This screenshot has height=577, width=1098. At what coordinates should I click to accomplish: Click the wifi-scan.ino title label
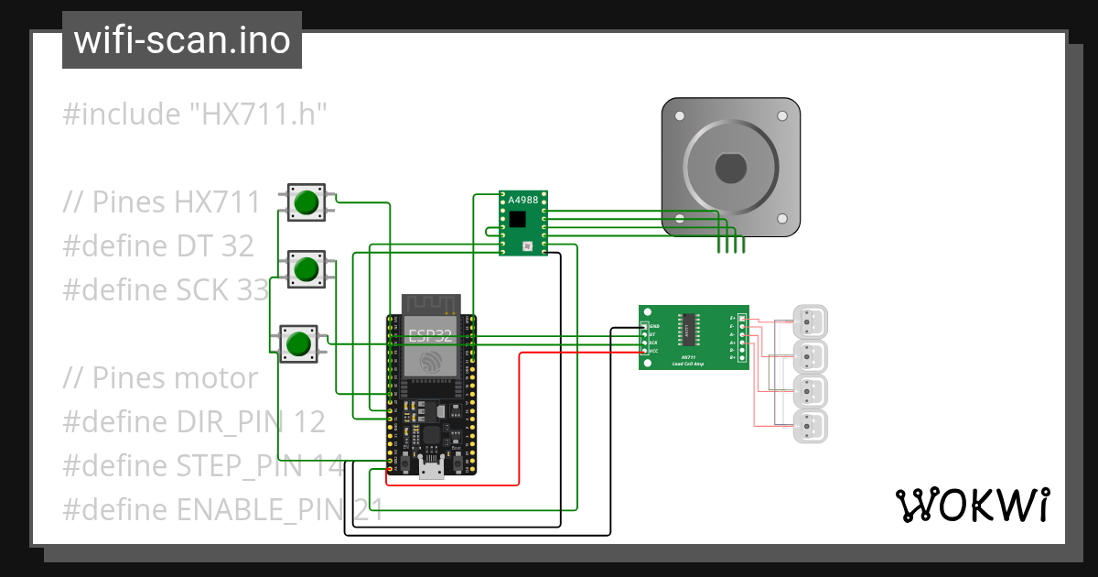coord(181,40)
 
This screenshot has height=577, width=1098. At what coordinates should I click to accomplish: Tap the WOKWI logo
coord(972,505)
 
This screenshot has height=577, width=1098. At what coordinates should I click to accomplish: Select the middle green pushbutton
coord(307,269)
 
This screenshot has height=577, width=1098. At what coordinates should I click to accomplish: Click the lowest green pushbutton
coord(297,343)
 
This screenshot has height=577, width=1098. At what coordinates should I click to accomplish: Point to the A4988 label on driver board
coord(523,201)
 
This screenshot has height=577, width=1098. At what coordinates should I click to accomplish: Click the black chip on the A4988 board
coord(519,219)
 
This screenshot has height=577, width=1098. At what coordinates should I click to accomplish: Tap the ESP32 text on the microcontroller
coord(431,333)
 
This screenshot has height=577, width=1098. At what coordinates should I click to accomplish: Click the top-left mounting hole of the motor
coord(678,116)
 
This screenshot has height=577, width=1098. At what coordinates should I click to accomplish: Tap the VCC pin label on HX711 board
coord(654,351)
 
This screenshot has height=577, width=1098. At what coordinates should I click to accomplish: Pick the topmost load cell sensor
coord(809,321)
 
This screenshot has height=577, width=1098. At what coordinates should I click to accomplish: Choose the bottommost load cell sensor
coord(809,427)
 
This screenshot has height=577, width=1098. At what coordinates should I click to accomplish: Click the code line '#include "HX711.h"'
coord(195,114)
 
